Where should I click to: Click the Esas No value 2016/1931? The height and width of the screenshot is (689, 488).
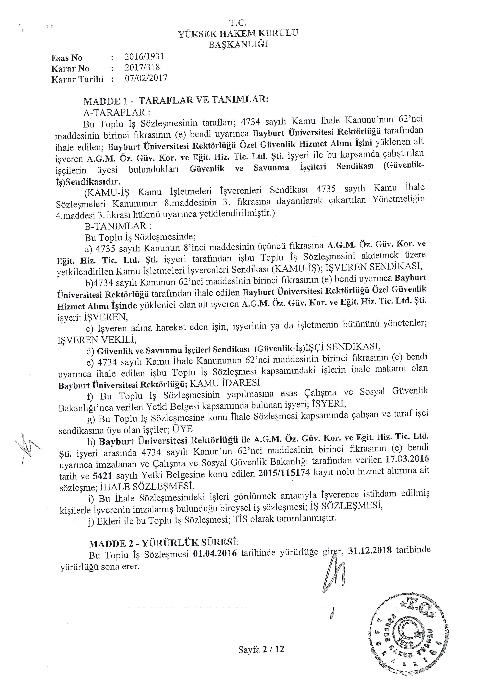(144, 56)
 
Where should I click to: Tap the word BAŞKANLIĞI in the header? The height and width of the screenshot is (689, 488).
(238, 44)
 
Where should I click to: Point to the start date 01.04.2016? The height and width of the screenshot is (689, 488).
(215, 553)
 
